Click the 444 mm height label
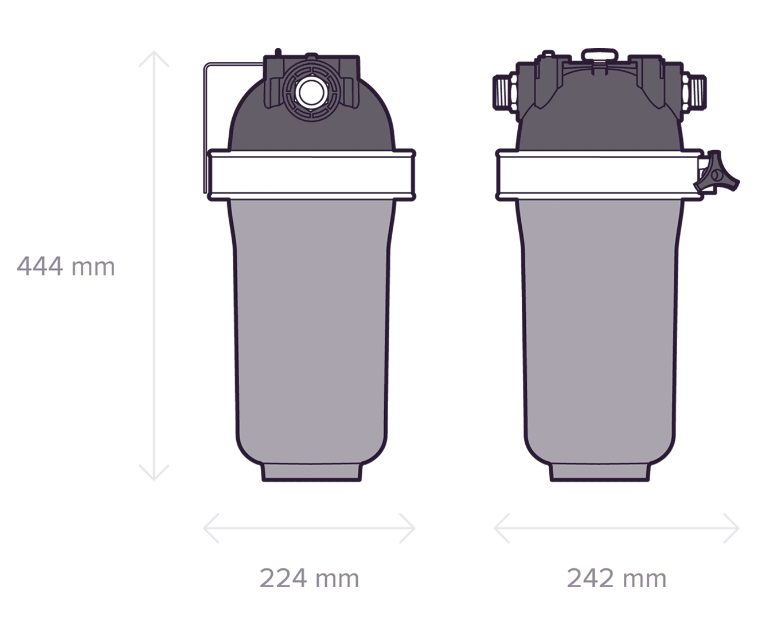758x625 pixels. [x=66, y=266]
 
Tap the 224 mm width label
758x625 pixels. [x=309, y=578]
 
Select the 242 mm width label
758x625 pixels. [x=616, y=578]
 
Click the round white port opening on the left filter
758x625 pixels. [x=311, y=92]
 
